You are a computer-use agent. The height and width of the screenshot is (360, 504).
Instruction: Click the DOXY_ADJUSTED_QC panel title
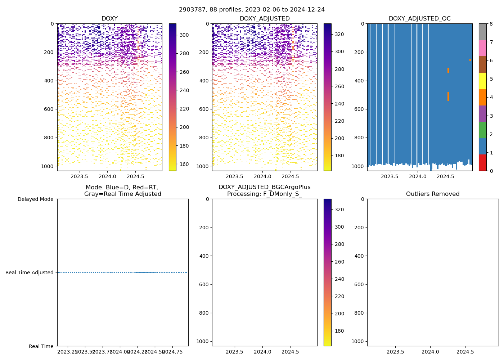pyautogui.click(x=419, y=19)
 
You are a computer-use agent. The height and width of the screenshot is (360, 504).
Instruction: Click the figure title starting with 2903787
pyautogui.click(x=252, y=10)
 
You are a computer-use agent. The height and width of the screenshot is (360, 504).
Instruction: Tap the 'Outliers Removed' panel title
pyautogui.click(x=433, y=194)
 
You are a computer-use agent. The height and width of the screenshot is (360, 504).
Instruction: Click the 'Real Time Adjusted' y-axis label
pyautogui.click(x=30, y=273)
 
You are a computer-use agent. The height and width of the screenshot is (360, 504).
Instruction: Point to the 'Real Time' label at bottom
pyautogui.click(x=41, y=346)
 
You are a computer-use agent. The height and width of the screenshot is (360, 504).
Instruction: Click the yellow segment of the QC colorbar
pyautogui.click(x=482, y=81)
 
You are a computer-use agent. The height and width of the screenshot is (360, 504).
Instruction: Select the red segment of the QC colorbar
pyautogui.click(x=482, y=162)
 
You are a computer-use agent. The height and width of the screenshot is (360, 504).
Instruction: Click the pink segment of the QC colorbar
pyautogui.click(x=482, y=48)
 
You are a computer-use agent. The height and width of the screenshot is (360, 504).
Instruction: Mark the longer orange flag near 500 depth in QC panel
pyautogui.click(x=448, y=96)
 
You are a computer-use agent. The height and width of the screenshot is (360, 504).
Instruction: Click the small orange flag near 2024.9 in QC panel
pyautogui.click(x=470, y=60)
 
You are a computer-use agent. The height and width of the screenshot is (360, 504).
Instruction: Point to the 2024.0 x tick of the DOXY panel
pyautogui.click(x=107, y=176)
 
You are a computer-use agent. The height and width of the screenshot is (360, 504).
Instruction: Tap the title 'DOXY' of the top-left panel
pyautogui.click(x=109, y=19)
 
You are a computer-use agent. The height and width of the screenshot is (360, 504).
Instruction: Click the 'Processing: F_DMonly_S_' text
pyautogui.click(x=264, y=194)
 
